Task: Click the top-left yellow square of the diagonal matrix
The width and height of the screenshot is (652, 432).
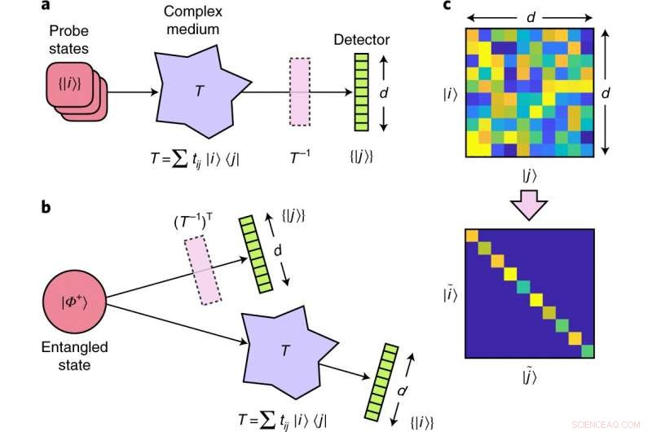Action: (x=472, y=236)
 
